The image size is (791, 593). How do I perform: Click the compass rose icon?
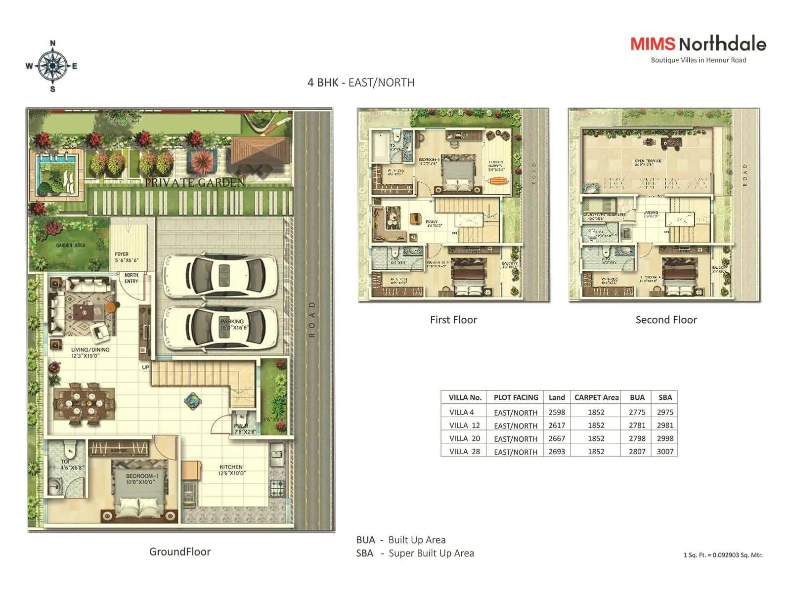[52, 66]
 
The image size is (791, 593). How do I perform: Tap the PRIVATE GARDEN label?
[195, 182]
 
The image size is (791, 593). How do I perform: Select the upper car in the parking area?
[220, 274]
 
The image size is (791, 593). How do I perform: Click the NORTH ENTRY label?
[132, 278]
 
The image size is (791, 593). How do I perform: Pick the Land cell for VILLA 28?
[557, 451]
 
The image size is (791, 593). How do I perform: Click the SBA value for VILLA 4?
[665, 412]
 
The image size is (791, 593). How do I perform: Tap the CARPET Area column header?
[596, 397]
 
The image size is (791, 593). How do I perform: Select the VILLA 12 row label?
[464, 425]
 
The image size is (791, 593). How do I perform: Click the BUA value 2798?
[637, 438]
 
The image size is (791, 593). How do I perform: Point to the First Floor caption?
[453, 320]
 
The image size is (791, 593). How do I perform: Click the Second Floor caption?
[666, 320]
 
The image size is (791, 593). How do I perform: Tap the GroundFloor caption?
[180, 551]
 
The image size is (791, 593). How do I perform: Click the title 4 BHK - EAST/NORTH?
[361, 83]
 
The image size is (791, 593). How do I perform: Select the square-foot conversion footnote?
[723, 555]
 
